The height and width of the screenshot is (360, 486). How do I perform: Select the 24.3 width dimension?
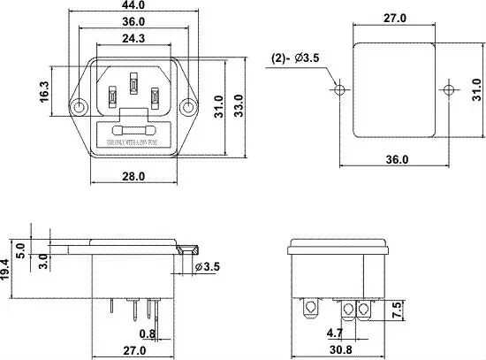[x=133, y=39]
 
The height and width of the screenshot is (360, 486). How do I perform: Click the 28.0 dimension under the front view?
[x=133, y=176]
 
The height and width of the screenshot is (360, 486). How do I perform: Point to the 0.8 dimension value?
[x=148, y=333]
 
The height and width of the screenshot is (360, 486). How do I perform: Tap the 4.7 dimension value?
[x=335, y=334]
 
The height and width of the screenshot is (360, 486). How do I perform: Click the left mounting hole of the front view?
[x=80, y=107]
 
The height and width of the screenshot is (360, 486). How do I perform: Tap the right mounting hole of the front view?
[x=187, y=107]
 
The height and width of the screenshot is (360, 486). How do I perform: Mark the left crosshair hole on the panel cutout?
[x=338, y=90]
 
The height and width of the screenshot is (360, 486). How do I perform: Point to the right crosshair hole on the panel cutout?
[x=449, y=90]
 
